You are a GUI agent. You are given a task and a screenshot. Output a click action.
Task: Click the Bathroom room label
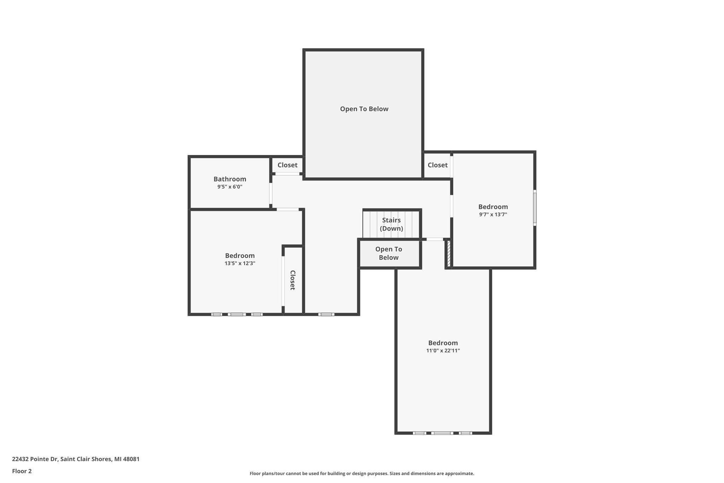tap(230, 179)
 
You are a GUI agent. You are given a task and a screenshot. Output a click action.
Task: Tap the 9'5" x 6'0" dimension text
tap(230, 187)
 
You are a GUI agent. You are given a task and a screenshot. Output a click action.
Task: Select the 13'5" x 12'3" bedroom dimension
tap(240, 263)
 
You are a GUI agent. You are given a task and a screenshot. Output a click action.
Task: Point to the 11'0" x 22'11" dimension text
tap(443, 351)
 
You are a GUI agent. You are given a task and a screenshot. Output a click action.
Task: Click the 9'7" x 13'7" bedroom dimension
tap(493, 214)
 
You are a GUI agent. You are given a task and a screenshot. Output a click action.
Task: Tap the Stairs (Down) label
tap(391, 224)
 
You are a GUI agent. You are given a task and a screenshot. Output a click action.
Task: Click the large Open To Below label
tap(364, 109)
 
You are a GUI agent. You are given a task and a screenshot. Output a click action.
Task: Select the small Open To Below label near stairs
tap(389, 253)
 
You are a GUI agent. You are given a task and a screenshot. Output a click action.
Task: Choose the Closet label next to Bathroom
tap(287, 165)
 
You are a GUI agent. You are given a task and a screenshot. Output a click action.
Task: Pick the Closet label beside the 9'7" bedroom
tap(437, 165)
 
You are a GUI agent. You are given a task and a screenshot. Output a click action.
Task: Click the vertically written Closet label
tap(293, 280)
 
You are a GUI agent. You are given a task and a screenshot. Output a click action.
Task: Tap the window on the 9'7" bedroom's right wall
tap(535, 208)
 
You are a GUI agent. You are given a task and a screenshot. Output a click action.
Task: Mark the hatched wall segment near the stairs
tap(449, 253)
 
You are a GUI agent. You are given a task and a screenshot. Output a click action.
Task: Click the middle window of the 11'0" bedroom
tap(442, 433)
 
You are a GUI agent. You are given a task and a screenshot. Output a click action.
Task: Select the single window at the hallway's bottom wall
tap(326, 314)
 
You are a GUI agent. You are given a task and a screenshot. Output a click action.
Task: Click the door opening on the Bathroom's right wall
tap(271, 193)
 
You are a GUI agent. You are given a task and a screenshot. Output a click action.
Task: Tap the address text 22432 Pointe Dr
tap(76, 459)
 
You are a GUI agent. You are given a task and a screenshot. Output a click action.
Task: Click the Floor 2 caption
tap(22, 471)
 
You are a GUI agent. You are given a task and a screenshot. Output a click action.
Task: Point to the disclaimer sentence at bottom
tap(362, 473)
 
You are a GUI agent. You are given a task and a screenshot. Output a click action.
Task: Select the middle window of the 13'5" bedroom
tap(237, 314)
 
